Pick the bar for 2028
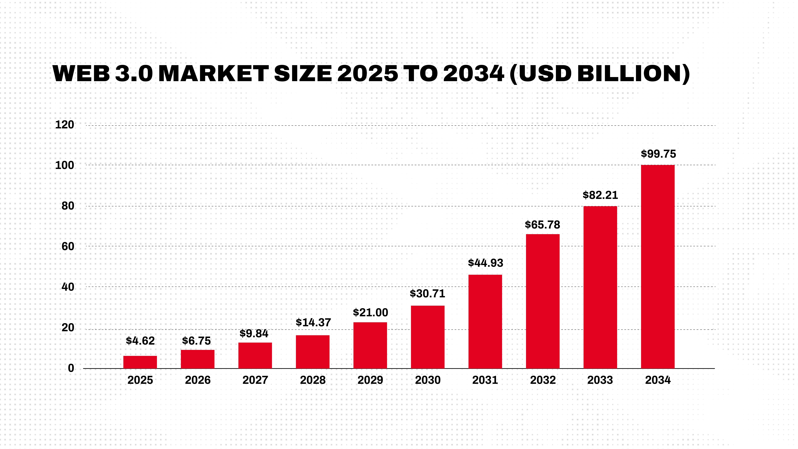pos(313,352)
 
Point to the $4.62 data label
pos(140,341)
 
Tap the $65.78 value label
pos(542,225)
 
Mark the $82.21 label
pos(600,195)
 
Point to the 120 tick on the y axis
pos(64,125)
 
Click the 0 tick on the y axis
pos(71,368)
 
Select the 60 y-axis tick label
pos(68,247)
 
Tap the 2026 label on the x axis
pos(198,380)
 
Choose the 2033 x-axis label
pos(600,380)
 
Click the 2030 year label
pos(427,380)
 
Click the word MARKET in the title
pos(213,74)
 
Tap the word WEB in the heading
pos(81,74)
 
